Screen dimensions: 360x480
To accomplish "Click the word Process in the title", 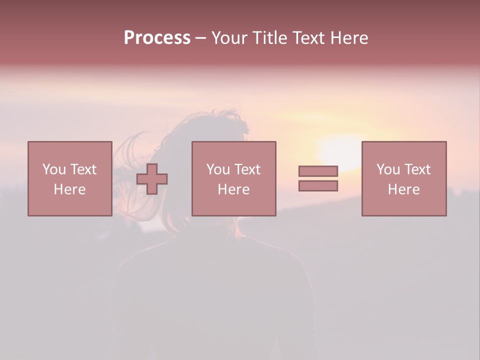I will coord(157,37).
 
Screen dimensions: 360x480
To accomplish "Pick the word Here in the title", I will coord(349,37).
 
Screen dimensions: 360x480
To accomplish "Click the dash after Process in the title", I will coord(200,38).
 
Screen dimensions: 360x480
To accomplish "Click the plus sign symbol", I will coord(152,179).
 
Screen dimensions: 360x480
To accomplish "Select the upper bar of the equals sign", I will coord(318,171).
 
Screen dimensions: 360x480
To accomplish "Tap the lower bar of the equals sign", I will coord(318,186).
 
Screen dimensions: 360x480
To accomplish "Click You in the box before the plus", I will coord(53,169).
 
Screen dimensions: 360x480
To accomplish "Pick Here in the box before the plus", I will coord(70,189).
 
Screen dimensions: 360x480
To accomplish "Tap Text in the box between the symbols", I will coord(247,169).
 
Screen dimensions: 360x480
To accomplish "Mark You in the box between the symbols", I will coord(217,169).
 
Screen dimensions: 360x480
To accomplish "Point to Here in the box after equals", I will coord(404,189).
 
